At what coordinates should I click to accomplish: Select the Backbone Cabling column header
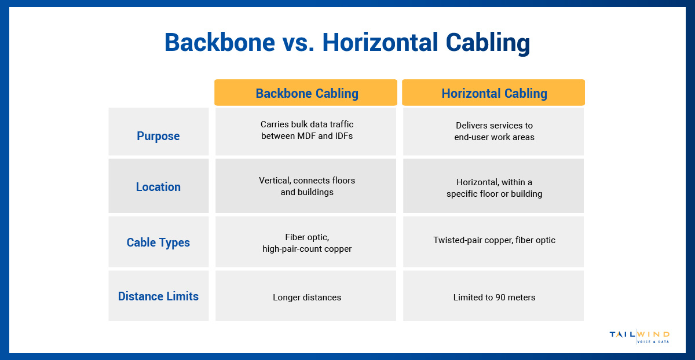(x=306, y=93)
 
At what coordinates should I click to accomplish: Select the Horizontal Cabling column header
(x=493, y=93)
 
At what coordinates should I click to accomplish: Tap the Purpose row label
(x=158, y=136)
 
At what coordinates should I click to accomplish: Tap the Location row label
(x=158, y=187)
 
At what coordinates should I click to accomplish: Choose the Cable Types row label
(x=158, y=243)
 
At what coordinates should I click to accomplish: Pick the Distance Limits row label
(x=158, y=296)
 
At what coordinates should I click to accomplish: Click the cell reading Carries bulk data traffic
(x=306, y=130)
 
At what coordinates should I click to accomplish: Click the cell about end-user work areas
(x=493, y=131)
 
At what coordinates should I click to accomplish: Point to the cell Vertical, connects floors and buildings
(x=306, y=186)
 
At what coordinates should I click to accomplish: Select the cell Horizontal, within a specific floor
(x=493, y=188)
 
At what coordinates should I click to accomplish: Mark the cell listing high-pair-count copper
(x=306, y=243)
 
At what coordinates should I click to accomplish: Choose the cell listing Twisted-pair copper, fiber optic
(x=493, y=240)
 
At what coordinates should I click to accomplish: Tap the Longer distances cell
(x=306, y=297)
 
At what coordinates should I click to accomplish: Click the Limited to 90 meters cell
(x=493, y=297)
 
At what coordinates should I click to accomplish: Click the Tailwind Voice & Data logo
(x=639, y=337)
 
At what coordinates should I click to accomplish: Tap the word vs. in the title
(x=295, y=43)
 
